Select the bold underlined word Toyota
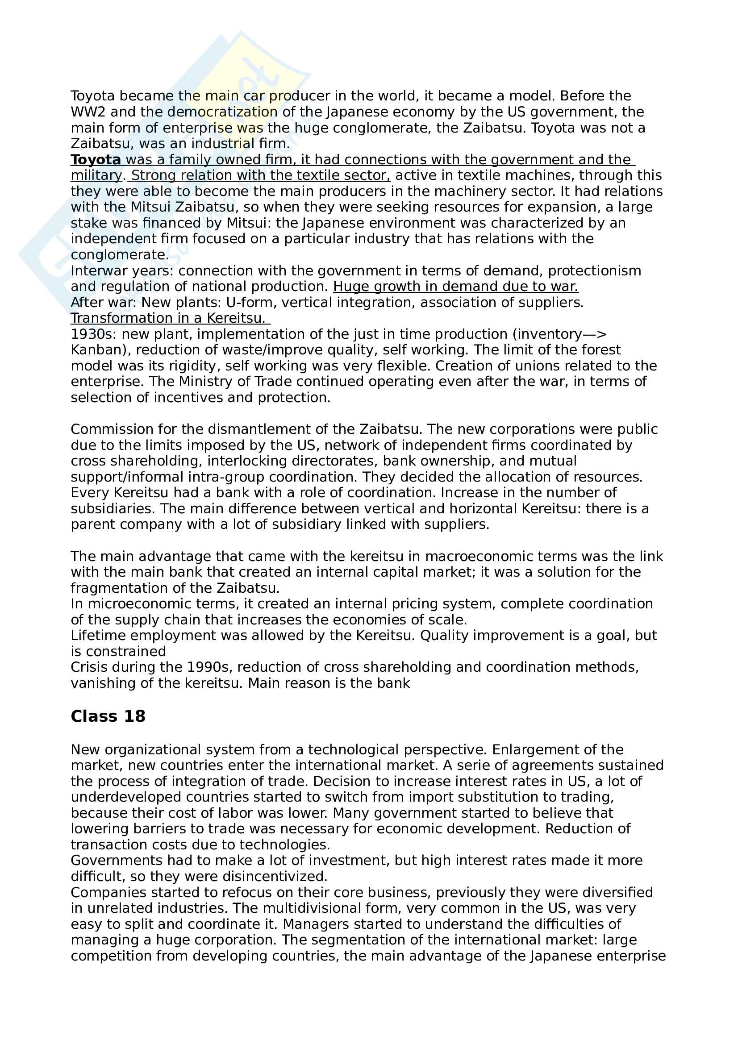tap(96, 160)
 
